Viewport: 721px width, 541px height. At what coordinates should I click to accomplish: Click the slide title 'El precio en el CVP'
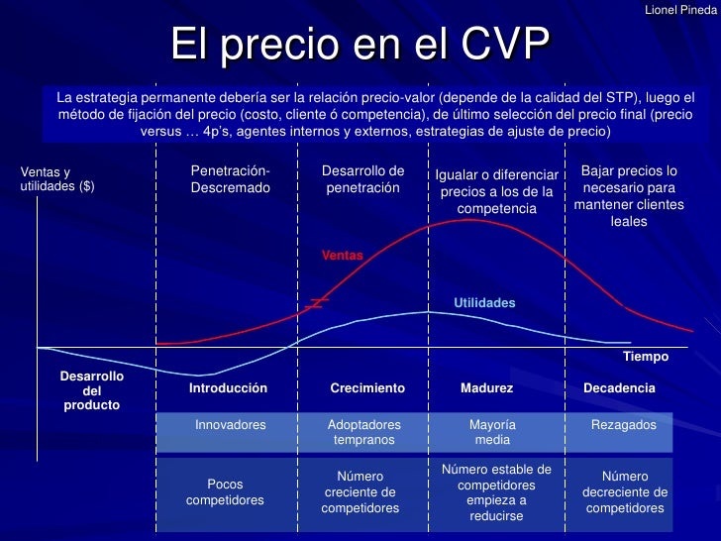click(x=360, y=45)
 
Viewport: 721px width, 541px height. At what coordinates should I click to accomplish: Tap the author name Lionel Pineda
click(x=680, y=9)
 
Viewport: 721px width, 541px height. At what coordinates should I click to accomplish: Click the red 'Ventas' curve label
click(x=342, y=256)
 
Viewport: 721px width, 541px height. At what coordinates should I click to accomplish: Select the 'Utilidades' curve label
click(x=484, y=302)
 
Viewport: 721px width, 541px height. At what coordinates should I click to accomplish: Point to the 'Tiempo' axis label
click(x=646, y=356)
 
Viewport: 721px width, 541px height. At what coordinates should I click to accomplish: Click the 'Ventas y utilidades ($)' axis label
click(x=57, y=178)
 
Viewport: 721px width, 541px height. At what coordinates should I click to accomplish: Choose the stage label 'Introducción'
click(x=228, y=388)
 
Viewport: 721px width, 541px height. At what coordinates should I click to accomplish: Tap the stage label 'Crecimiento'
click(x=367, y=388)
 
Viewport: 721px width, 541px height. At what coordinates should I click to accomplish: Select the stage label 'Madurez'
click(x=486, y=388)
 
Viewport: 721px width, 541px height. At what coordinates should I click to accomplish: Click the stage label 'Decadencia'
click(x=619, y=388)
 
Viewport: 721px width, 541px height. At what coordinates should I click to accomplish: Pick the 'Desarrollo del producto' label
click(x=92, y=390)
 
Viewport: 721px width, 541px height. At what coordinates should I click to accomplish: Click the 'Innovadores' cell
click(x=231, y=424)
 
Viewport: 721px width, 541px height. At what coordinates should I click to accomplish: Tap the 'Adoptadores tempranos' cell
click(x=363, y=432)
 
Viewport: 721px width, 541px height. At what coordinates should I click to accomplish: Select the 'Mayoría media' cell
click(x=492, y=432)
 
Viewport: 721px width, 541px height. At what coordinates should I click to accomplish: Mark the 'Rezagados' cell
click(x=624, y=424)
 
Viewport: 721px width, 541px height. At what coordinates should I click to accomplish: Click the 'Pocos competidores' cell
click(x=225, y=492)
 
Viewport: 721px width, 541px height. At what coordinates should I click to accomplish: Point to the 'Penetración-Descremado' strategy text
click(x=230, y=179)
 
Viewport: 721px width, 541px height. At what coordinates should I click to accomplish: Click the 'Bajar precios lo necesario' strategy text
click(x=629, y=195)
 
